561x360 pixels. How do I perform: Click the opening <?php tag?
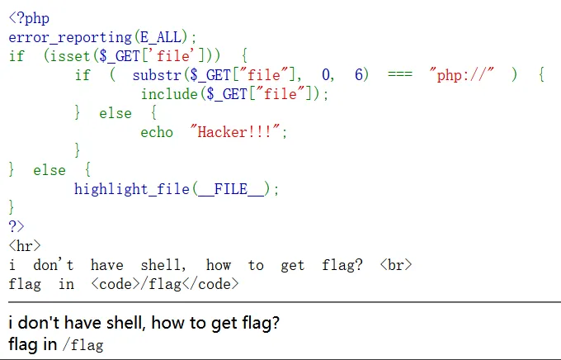coord(29,18)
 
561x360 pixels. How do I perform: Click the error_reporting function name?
coord(70,37)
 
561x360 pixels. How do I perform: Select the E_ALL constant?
coord(161,37)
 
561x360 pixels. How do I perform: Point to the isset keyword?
coord(70,56)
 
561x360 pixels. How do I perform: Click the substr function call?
coord(157,75)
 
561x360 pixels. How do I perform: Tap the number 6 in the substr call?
coord(359,74)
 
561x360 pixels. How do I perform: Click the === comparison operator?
coord(400,74)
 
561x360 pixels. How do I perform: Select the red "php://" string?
coord(462,75)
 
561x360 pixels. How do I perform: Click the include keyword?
coord(169,94)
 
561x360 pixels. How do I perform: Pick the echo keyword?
coord(157,132)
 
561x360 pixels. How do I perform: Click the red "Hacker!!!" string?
coord(235,131)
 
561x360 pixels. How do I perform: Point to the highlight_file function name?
coord(132,189)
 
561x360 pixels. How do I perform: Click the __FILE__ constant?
coord(231,189)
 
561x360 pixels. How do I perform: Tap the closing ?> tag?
coord(16,226)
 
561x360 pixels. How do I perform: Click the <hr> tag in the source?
coord(25,246)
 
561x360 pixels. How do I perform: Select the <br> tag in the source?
coord(396,265)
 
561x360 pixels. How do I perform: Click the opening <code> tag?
coord(115,284)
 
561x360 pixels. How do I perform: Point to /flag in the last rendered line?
coord(83,345)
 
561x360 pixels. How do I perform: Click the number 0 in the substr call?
coord(326,75)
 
